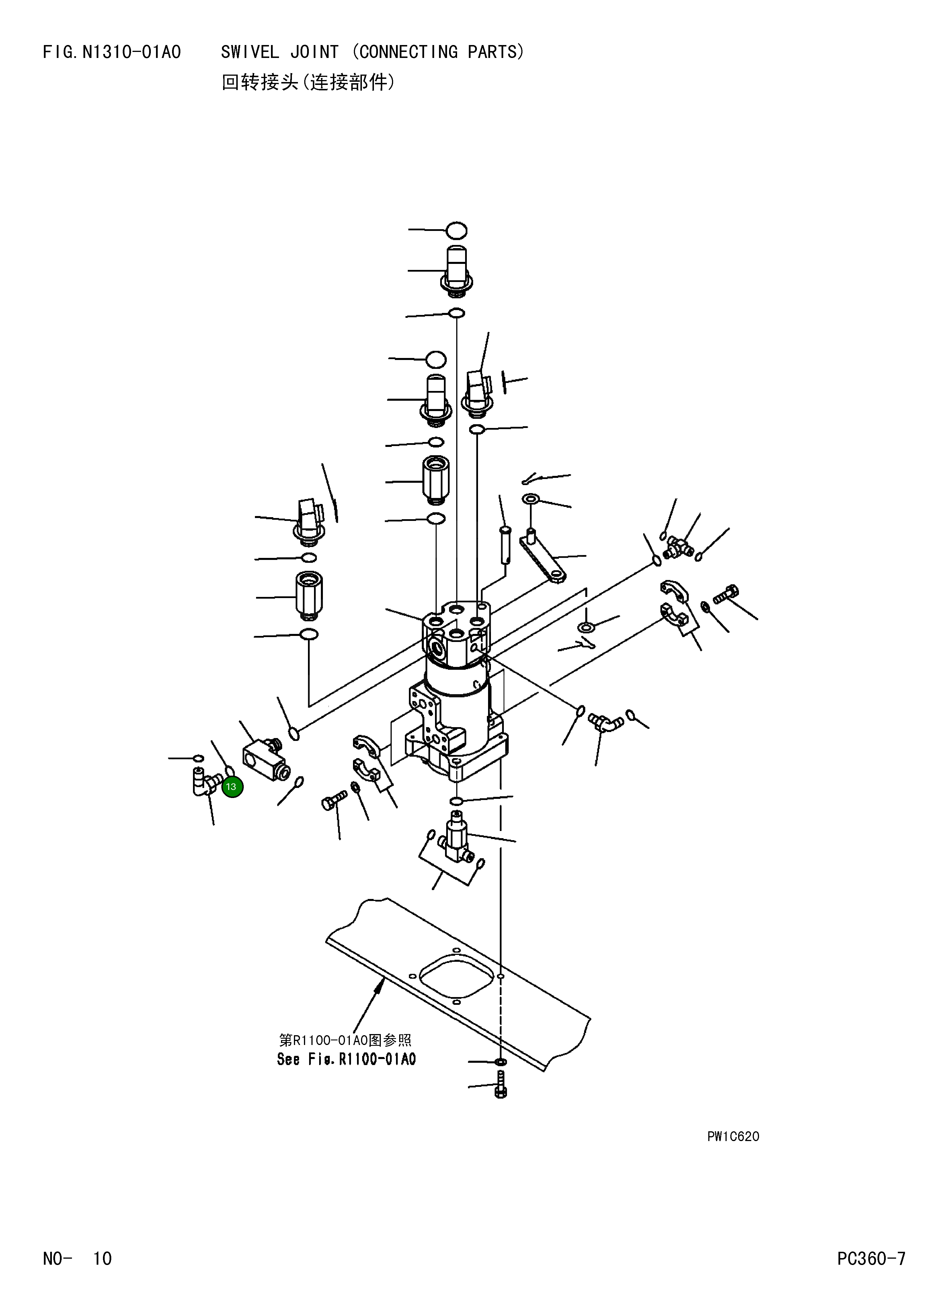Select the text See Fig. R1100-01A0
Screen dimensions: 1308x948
[x=346, y=1059]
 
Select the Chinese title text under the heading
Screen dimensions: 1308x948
[x=309, y=83]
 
